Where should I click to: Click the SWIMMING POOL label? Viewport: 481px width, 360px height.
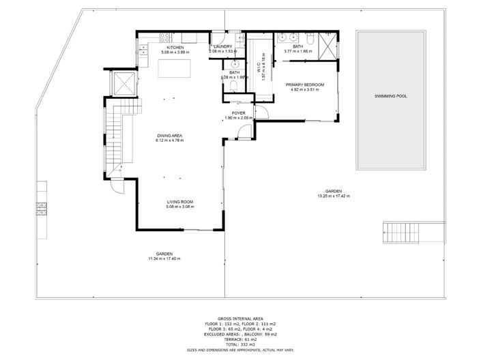click(391, 96)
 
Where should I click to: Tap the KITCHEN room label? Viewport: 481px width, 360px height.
click(175, 48)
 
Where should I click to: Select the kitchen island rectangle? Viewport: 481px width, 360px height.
click(175, 69)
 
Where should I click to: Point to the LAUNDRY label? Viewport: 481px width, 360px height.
click(223, 47)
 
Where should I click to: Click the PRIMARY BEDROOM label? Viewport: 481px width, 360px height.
click(305, 85)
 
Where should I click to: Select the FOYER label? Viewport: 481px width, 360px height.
click(238, 114)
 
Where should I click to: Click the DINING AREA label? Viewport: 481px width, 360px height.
click(168, 136)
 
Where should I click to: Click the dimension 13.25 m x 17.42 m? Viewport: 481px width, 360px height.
click(333, 196)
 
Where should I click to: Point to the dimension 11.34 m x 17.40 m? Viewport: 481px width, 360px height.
click(164, 258)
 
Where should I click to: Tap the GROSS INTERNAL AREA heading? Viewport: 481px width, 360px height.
click(239, 318)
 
